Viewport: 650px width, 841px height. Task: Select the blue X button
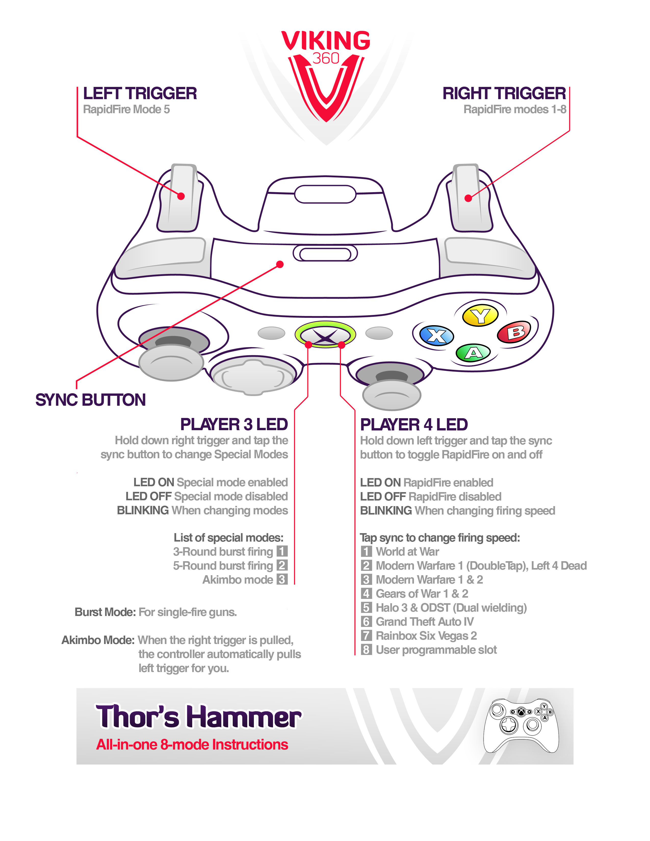pyautogui.click(x=436, y=335)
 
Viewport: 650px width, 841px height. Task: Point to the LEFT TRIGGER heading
pyautogui.click(x=140, y=94)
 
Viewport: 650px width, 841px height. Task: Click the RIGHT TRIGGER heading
pyautogui.click(x=504, y=94)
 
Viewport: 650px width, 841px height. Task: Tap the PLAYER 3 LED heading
pyautogui.click(x=234, y=424)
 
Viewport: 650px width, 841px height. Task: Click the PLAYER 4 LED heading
pyautogui.click(x=414, y=424)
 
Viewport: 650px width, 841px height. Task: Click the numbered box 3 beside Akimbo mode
pyautogui.click(x=282, y=580)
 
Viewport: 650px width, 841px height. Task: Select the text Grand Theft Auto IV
pyautogui.click(x=424, y=622)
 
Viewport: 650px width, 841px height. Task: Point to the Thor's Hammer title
pyautogui.click(x=198, y=717)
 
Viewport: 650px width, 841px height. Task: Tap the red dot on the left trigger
pyautogui.click(x=181, y=196)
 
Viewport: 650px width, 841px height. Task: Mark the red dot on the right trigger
pyautogui.click(x=468, y=198)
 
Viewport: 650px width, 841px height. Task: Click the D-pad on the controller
pyautogui.click(x=253, y=376)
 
